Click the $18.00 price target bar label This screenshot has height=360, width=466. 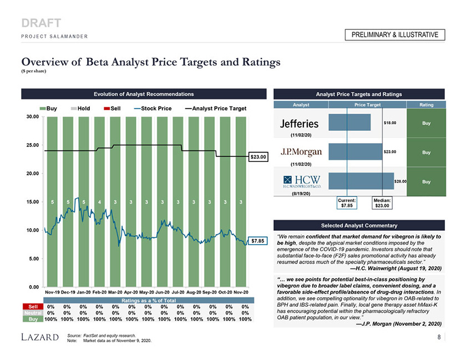389,122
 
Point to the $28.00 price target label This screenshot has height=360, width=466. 401,181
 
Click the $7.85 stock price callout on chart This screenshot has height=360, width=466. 257,241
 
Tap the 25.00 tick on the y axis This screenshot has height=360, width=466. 33,145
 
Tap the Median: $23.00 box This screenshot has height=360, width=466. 382,203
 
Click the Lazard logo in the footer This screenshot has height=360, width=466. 38,337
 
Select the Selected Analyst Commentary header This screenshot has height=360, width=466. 359,225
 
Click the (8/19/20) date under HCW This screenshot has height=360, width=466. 300,193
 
